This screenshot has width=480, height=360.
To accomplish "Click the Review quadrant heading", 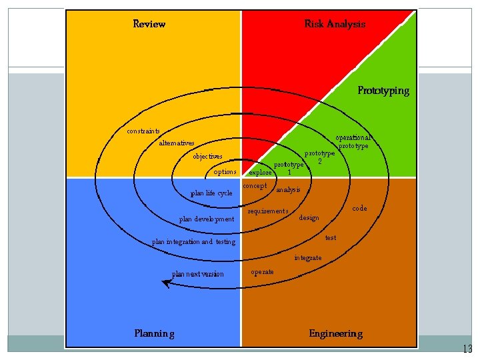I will [149, 24].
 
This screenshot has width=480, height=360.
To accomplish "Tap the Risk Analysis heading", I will [335, 24].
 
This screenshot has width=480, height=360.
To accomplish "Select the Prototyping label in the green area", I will [383, 90].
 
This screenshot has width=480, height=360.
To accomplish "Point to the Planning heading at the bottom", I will [154, 333].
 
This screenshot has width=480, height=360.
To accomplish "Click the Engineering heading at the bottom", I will [335, 333].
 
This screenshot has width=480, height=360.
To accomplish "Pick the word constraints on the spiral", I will [143, 131].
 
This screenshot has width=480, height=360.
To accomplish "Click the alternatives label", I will [177, 143].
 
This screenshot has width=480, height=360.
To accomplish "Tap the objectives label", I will [207, 157].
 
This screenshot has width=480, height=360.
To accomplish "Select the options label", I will [225, 172].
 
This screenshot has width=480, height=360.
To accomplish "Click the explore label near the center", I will [260, 173].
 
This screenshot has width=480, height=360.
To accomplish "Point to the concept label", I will [255, 186].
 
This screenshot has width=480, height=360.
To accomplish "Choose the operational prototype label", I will [353, 141].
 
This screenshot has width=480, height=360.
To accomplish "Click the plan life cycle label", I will [211, 193].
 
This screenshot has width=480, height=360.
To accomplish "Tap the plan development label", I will [207, 219].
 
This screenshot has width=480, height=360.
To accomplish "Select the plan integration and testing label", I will [193, 242].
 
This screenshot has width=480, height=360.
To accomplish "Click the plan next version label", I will [198, 274].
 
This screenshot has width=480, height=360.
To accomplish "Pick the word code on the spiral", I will [359, 209].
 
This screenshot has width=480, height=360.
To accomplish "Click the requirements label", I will [268, 211].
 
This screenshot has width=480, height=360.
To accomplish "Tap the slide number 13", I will [467, 349].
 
